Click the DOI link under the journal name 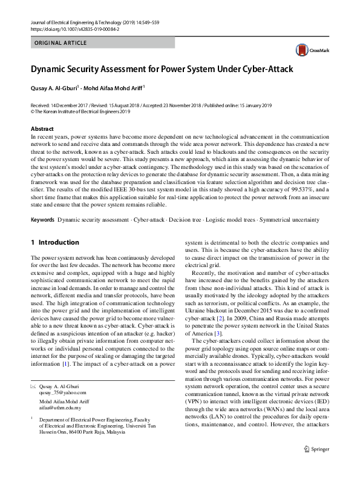(76, 28)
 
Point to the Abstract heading (42, 129)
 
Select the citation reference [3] (218, 333)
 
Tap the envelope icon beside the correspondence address (33, 386)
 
